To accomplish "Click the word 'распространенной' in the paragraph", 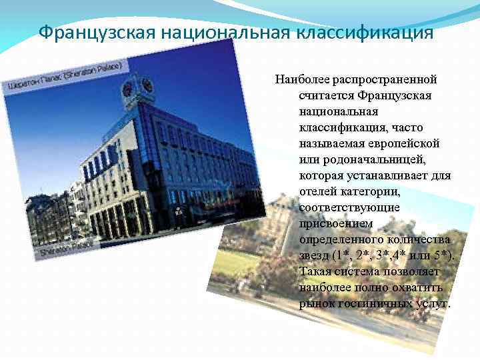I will click(x=381, y=79).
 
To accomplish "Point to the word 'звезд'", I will click(x=315, y=255).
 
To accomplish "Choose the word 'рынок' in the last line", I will click(x=315, y=303).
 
